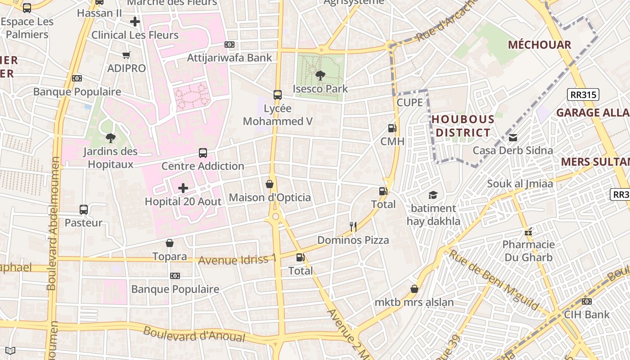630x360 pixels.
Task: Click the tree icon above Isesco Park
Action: (320, 76)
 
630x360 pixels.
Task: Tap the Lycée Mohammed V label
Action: (278, 115)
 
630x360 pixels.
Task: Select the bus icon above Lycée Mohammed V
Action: (278, 95)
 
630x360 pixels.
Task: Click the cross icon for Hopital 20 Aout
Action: (183, 188)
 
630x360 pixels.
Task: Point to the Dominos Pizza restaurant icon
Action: (353, 227)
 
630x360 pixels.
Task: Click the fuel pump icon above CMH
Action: (392, 128)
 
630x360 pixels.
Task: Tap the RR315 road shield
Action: (583, 94)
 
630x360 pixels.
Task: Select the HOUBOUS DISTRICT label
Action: (463, 126)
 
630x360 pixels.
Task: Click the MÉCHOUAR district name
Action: (540, 45)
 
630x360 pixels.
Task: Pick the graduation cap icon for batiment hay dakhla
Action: (433, 195)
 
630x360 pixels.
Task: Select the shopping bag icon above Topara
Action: (170, 243)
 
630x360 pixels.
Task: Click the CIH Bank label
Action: (587, 314)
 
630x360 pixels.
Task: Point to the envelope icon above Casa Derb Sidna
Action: (513, 138)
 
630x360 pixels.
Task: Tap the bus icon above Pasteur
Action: (84, 209)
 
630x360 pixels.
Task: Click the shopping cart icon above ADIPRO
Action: (126, 55)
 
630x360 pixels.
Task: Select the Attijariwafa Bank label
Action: (229, 58)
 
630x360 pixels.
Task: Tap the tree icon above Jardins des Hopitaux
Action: (110, 138)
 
